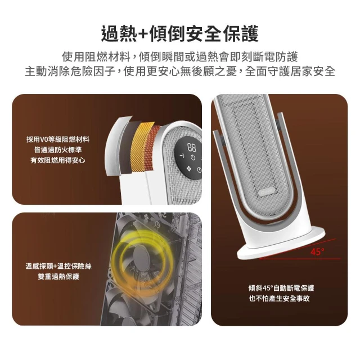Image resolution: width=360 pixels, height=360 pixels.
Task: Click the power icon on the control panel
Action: [x=193, y=157]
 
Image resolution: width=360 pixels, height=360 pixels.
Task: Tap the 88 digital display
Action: [x=192, y=147]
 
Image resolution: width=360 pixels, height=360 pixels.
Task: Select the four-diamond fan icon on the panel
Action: [x=189, y=169]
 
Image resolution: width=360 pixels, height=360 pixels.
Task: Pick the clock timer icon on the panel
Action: [x=199, y=170]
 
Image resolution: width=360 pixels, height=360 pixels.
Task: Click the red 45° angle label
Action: [x=317, y=252]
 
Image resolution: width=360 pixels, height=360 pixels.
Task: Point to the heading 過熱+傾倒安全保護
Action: [x=180, y=34]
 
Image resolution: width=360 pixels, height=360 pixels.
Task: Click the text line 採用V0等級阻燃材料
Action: [x=58, y=139]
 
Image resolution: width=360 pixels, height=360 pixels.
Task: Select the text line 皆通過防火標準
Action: [x=58, y=150]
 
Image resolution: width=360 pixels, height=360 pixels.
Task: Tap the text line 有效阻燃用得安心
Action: [x=58, y=160]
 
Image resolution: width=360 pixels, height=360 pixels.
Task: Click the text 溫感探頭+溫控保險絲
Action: [x=58, y=266]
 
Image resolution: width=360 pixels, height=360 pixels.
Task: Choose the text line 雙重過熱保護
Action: [x=58, y=277]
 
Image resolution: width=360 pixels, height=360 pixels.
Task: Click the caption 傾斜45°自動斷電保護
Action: [x=281, y=288]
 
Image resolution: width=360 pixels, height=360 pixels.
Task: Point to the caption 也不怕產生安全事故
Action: [x=280, y=299]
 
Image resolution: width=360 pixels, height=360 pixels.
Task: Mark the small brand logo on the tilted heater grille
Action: [x=267, y=191]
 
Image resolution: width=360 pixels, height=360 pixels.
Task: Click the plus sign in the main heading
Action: [x=143, y=34]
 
